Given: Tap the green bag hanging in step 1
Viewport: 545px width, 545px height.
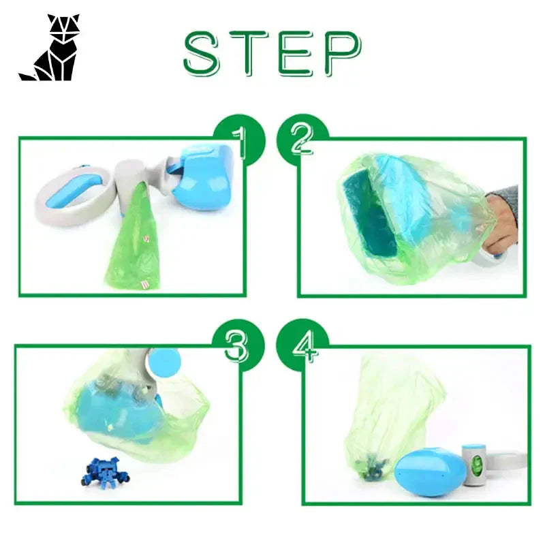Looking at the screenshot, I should [134, 245].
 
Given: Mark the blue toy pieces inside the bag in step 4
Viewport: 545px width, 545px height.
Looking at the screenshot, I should [373, 467].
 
